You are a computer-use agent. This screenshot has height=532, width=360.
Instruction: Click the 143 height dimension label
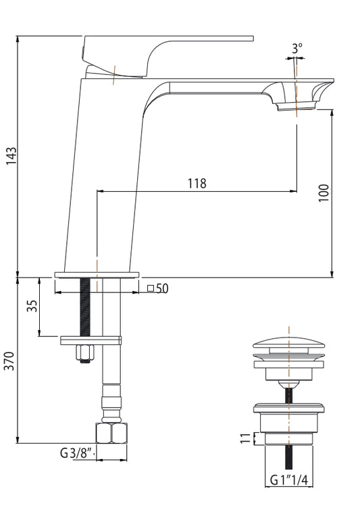[x=11, y=156]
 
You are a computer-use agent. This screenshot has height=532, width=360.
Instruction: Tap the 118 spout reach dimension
[x=197, y=184]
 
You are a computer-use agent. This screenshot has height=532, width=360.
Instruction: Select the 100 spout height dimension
[x=324, y=192]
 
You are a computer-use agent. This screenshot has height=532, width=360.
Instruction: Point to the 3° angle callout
[x=297, y=49]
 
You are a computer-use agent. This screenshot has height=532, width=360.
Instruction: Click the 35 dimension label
[x=32, y=306]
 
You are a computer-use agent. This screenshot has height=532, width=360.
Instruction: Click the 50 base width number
[x=162, y=289]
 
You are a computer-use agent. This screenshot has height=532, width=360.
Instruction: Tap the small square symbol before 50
[x=151, y=289]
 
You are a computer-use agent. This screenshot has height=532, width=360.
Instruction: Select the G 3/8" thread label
[x=77, y=452]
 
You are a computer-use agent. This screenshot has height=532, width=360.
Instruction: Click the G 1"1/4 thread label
[x=289, y=480]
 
